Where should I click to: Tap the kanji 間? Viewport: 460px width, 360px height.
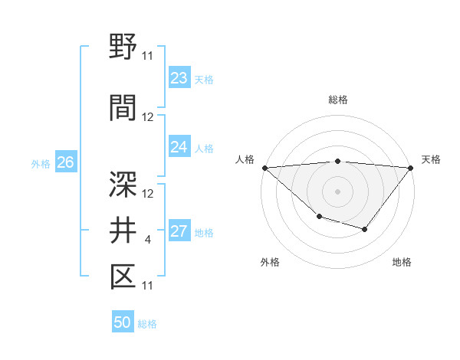[x=123, y=107]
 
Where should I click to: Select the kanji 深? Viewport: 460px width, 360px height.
[x=123, y=183]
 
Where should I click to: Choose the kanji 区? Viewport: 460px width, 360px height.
[x=123, y=276]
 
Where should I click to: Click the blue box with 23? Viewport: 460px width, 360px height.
[x=179, y=78]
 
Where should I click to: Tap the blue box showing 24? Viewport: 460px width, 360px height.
[x=179, y=147]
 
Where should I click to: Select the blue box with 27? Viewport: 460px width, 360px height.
[x=179, y=232]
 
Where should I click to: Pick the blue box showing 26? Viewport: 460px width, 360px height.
[x=65, y=162]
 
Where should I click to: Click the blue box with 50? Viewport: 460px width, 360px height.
[x=123, y=322]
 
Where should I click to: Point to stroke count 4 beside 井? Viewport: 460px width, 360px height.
[x=147, y=241]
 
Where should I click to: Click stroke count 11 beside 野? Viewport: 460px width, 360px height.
[x=148, y=56]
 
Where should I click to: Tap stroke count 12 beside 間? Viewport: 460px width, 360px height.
[x=148, y=117]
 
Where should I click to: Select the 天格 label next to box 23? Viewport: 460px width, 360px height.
[x=204, y=79]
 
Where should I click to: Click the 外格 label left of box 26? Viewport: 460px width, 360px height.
[x=41, y=163]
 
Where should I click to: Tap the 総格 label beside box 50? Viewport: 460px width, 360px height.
[x=148, y=324]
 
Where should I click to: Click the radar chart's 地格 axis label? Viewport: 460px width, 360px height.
[x=402, y=262]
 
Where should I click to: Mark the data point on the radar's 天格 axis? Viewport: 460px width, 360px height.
[x=411, y=167]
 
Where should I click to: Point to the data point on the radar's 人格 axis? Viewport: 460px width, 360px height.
[x=264, y=167]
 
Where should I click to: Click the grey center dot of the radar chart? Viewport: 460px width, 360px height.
[x=337, y=191]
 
